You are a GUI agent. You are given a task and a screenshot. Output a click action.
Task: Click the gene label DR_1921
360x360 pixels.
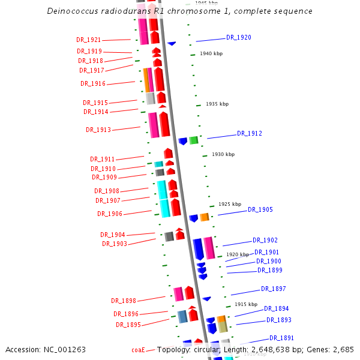coord(89,40)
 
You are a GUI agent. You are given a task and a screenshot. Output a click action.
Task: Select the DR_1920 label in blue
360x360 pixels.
coord(239,37)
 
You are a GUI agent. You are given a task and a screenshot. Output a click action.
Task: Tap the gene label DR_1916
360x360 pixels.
coord(93,84)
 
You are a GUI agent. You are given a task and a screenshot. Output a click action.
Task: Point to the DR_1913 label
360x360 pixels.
coord(98,130)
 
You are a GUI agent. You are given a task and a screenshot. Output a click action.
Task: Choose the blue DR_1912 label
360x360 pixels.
coord(250,133)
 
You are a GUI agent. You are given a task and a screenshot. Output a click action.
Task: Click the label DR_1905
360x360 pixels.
coord(260,209)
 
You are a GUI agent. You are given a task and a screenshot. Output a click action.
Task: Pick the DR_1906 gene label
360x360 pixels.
coord(110,214)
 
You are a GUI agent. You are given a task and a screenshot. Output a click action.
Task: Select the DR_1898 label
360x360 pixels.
coord(124,301)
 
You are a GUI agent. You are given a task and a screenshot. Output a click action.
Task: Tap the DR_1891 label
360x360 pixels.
coord(281,338)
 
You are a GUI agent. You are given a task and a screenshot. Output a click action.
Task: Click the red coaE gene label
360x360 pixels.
coord(138,350)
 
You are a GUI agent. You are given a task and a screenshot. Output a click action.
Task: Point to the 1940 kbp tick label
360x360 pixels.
coord(211,53)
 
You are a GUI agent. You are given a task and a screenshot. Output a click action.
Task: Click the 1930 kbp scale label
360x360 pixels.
coord(223,154)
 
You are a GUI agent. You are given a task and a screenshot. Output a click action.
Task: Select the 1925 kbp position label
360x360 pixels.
coord(230,204)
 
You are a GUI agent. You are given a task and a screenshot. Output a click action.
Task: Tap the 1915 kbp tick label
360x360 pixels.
coord(246,304)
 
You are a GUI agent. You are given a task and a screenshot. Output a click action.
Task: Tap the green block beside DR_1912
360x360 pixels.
coord(194,140)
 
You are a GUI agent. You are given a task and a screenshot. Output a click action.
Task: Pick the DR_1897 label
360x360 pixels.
coord(274,289)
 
